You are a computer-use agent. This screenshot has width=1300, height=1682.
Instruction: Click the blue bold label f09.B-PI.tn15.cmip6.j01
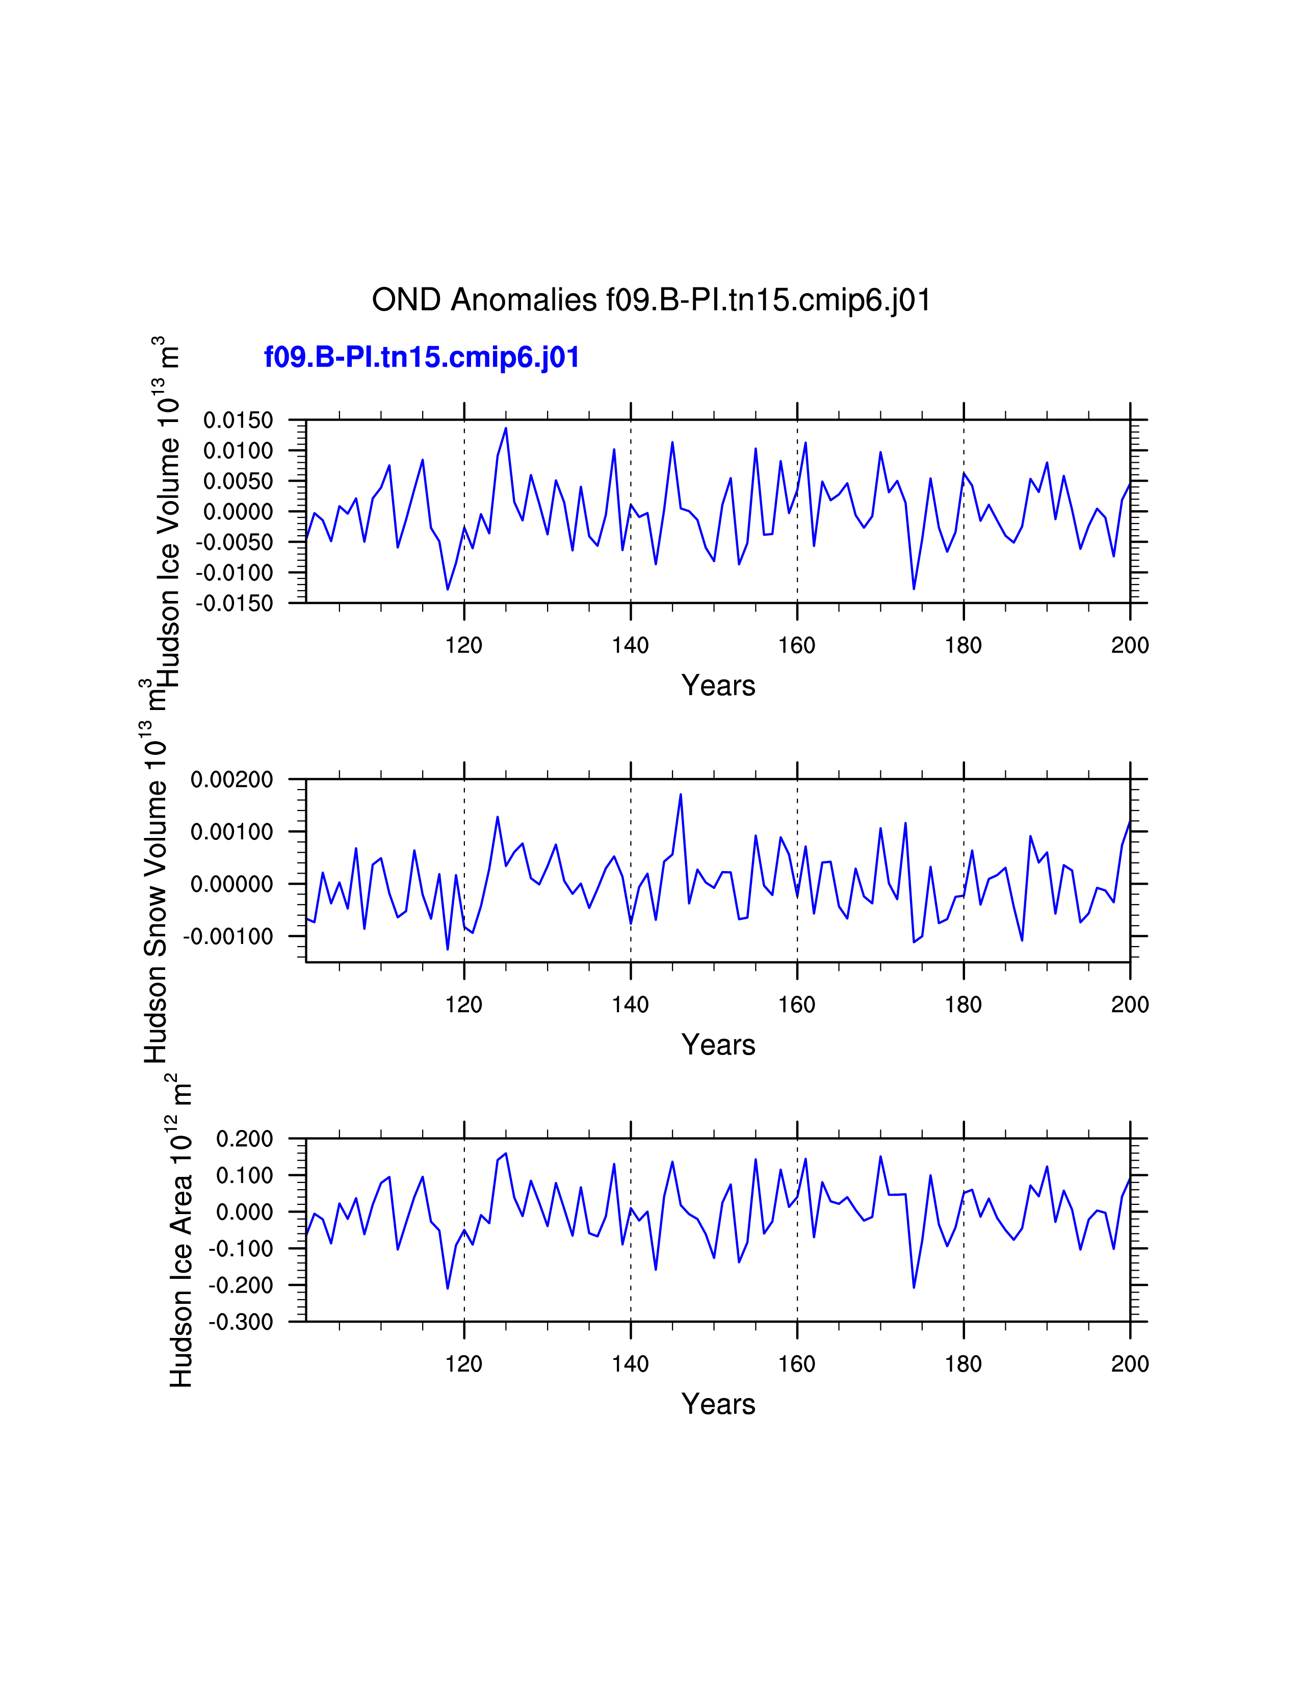coord(421,357)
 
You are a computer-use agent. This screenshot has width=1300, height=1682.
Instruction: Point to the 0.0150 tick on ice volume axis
coord(238,420)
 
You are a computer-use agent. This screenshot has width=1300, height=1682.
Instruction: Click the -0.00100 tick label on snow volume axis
coord(228,936)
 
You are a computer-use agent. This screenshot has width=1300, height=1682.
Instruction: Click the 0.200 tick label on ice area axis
coord(244,1139)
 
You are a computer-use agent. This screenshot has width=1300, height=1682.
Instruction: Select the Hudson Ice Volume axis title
coord(168,512)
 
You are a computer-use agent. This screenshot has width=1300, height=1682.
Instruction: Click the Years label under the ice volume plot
coord(718,686)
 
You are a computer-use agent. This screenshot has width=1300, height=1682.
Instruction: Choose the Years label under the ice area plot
coord(718,1404)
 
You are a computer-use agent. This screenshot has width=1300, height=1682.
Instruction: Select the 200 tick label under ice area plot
coord(1129,1364)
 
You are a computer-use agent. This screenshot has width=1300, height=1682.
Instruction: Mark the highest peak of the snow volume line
coord(681,794)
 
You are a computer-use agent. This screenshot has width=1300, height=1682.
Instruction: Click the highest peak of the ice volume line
coord(506,428)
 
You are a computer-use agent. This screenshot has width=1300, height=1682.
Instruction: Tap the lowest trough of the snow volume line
coord(448,949)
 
